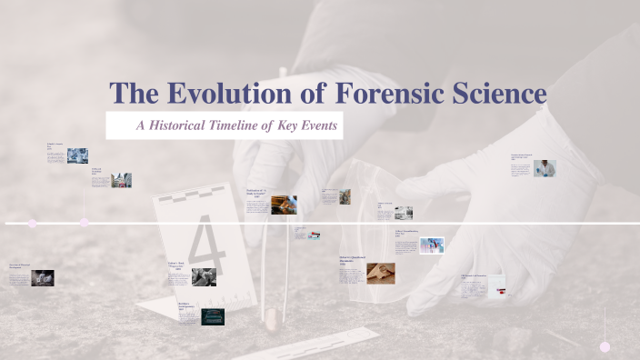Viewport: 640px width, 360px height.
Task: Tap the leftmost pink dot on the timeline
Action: [x=33, y=223]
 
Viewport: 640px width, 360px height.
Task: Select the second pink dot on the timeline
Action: [x=85, y=223]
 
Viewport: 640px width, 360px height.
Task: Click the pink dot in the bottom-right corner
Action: [x=605, y=346]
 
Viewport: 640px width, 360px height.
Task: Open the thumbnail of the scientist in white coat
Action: [x=545, y=168]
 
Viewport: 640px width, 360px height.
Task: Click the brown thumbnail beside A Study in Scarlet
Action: [x=284, y=205]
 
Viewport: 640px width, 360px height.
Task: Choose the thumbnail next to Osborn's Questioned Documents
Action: [x=381, y=273]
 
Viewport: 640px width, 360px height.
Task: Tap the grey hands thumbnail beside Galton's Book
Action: [x=204, y=276]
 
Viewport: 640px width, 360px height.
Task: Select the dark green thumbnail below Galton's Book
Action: [x=213, y=316]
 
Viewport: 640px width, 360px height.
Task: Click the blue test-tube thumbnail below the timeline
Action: [x=432, y=245]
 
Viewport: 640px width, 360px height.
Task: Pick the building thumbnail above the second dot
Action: [x=121, y=180]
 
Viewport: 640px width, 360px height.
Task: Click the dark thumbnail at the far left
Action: [x=43, y=278]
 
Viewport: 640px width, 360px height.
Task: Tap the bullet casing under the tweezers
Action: [x=269, y=318]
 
